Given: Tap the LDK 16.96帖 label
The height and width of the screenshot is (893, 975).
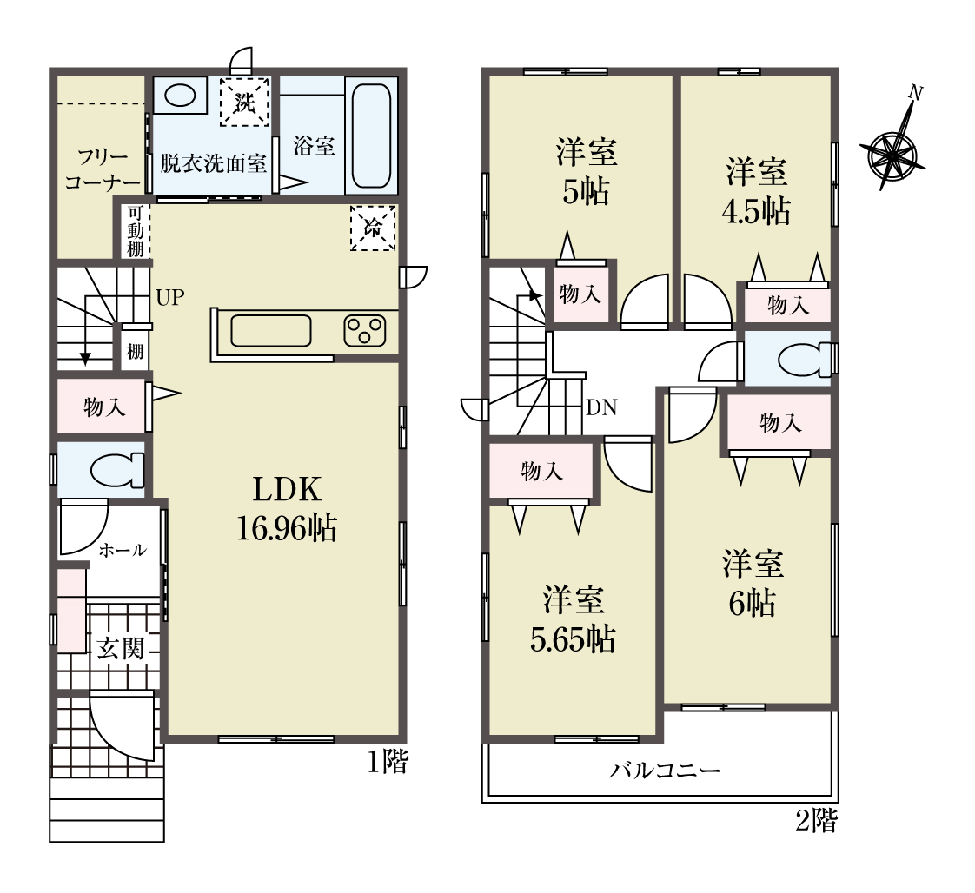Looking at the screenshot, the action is pyautogui.click(x=287, y=509).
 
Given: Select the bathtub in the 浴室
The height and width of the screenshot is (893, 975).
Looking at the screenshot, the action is pyautogui.click(x=372, y=136).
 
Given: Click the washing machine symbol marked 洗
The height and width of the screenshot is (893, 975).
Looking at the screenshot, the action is pyautogui.click(x=245, y=102).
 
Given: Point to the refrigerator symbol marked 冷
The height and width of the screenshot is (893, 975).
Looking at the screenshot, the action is pyautogui.click(x=373, y=228).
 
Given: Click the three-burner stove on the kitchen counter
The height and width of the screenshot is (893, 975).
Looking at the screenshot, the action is pyautogui.click(x=364, y=331).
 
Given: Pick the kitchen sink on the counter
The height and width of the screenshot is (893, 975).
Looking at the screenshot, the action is pyautogui.click(x=270, y=331).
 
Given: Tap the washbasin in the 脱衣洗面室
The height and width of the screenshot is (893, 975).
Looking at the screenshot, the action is pyautogui.click(x=181, y=96).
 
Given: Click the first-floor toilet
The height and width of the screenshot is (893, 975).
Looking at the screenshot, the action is pyautogui.click(x=117, y=470).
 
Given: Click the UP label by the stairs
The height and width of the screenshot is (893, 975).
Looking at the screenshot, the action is pyautogui.click(x=169, y=297).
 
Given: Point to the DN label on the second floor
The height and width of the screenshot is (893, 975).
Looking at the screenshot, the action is pyautogui.click(x=601, y=407).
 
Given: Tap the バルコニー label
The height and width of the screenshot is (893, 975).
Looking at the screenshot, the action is pyautogui.click(x=665, y=771).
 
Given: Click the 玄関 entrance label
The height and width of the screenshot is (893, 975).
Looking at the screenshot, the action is pyautogui.click(x=121, y=649).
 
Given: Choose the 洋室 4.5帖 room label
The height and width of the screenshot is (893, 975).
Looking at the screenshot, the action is pyautogui.click(x=756, y=191).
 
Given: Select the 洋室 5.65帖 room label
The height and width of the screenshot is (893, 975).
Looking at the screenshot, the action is pyautogui.click(x=573, y=619).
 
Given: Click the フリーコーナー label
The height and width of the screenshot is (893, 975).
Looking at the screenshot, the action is pyautogui.click(x=103, y=169).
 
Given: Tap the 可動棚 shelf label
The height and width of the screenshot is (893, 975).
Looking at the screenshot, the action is pyautogui.click(x=136, y=231).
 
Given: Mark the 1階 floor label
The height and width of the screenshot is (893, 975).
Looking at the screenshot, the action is pyautogui.click(x=388, y=762).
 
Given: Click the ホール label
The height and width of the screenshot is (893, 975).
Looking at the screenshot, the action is pyautogui.click(x=123, y=550).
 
